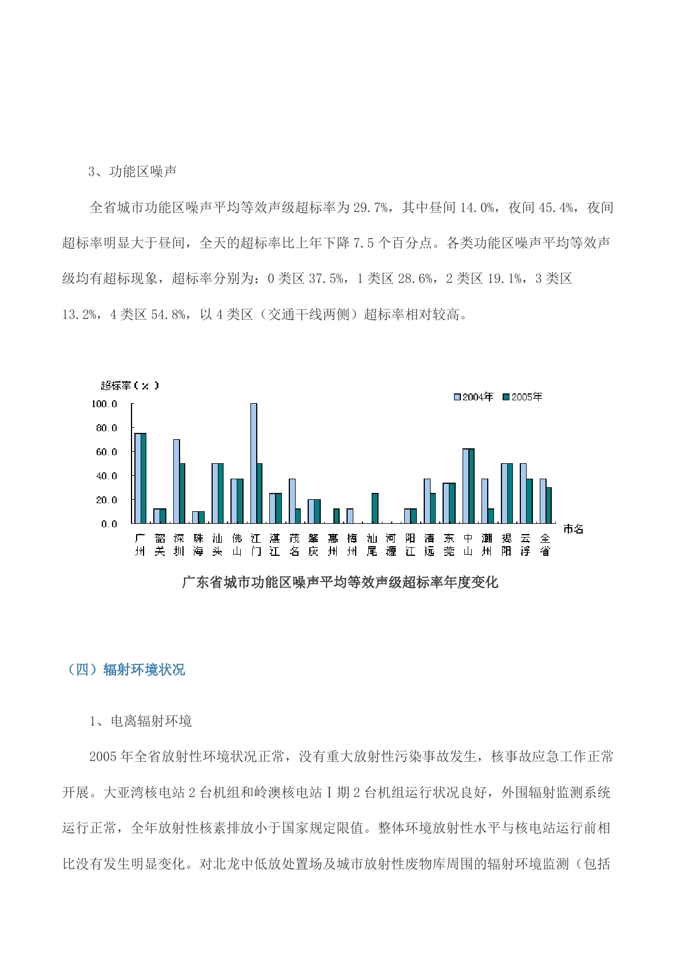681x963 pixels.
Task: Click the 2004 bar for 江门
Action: [253, 463]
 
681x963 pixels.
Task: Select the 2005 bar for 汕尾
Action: [375, 508]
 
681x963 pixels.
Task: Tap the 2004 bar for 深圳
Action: [177, 481]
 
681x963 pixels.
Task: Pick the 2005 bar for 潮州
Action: [491, 516]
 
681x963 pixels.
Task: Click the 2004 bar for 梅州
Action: [350, 516]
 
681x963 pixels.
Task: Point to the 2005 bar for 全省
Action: [549, 506]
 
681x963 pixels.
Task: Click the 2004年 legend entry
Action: [473, 397]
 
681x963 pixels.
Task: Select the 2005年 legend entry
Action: [523, 397]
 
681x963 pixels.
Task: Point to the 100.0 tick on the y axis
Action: [104, 404]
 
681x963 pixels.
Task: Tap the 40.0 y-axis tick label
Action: [106, 476]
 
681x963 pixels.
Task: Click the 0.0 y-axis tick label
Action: [109, 524]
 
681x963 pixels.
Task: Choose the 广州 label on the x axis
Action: [140, 544]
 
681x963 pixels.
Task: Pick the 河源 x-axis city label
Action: [391, 544]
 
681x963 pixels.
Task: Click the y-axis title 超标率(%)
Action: [130, 385]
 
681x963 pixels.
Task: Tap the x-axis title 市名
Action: [573, 529]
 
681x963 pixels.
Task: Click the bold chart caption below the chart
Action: [340, 582]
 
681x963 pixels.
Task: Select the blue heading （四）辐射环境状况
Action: [126, 670]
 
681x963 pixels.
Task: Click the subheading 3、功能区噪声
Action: [133, 172]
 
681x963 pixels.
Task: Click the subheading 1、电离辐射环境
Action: [141, 721]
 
